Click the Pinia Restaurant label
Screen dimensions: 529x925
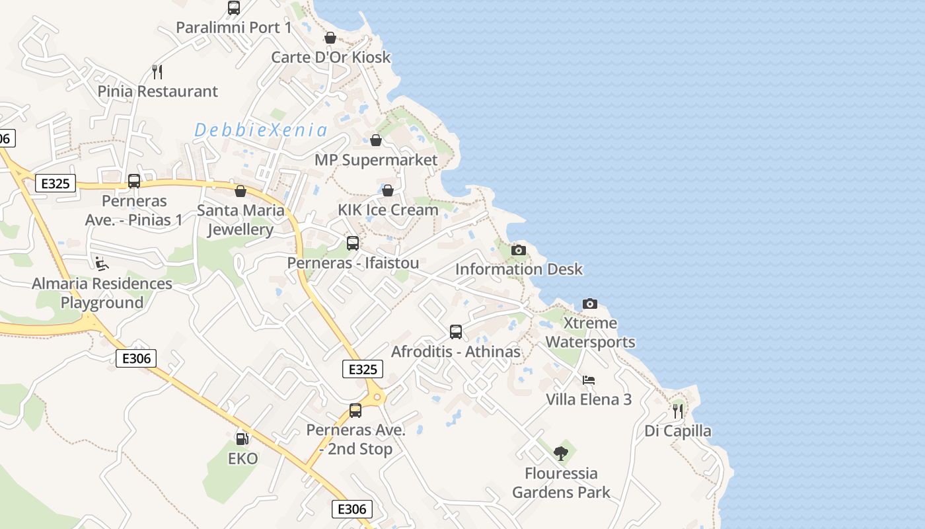point(157,91)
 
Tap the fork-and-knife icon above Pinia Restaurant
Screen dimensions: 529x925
point(157,71)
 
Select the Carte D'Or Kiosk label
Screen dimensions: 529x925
point(331,57)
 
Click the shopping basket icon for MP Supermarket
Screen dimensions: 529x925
point(376,140)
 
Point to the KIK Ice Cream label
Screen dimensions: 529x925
point(388,210)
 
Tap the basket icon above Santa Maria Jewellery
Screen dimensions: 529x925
point(240,191)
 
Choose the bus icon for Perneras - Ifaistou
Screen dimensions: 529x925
point(353,243)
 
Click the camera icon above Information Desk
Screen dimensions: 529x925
point(519,250)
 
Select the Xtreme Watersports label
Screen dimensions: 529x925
point(590,333)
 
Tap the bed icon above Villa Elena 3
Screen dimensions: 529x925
point(589,380)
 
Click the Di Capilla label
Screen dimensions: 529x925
point(678,431)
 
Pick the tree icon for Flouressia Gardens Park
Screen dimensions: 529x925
point(561,454)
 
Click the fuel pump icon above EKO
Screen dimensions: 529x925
point(242,439)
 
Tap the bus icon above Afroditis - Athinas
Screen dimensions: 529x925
point(455,332)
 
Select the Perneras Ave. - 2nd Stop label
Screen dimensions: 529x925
point(355,440)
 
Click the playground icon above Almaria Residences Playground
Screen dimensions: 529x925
point(102,264)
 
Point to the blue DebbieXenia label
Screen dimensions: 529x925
point(261,130)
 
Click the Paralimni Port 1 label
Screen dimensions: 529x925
point(233,28)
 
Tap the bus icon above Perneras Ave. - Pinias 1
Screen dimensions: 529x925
point(134,181)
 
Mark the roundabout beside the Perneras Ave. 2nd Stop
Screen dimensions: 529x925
point(377,397)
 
